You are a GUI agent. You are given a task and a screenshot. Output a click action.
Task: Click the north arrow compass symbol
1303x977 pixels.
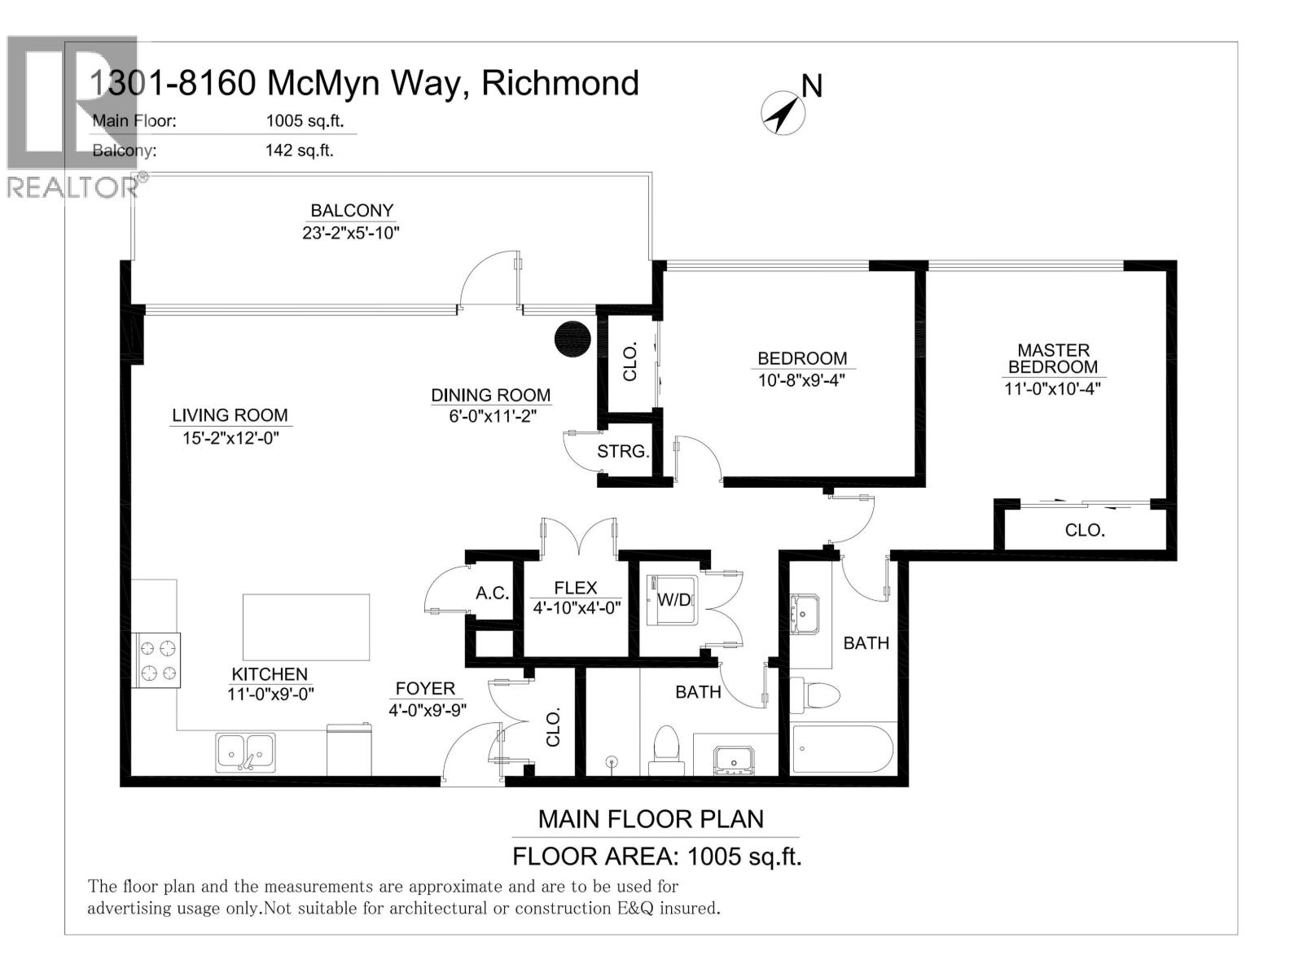[783, 112]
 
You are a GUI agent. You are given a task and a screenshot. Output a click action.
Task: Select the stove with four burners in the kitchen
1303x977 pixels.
[158, 660]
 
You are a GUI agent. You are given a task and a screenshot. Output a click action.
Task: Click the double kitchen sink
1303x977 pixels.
[245, 751]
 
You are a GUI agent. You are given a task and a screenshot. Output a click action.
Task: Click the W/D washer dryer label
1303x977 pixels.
[673, 601]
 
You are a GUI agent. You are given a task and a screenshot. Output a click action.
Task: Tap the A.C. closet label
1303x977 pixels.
[493, 593]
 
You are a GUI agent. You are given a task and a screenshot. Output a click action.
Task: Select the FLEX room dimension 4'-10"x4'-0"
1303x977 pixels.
[577, 607]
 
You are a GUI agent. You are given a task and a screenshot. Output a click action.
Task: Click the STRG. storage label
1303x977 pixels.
[623, 451]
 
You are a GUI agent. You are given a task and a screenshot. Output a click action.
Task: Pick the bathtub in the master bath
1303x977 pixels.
[843, 749]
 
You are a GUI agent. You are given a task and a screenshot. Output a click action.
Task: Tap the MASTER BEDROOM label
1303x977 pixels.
[1052, 358]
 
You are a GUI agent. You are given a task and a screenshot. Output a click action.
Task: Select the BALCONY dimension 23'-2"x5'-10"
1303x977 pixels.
[350, 233]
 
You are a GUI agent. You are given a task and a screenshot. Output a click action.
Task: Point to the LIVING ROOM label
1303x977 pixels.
[230, 415]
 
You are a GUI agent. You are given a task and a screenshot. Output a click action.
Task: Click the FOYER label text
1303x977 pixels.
[425, 688]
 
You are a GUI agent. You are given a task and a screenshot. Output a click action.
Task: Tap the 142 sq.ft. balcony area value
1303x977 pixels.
[299, 150]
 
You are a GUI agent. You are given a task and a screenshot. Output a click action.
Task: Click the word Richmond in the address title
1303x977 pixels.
[560, 83]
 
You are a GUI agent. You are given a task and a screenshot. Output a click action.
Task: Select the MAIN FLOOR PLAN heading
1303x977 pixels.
[651, 819]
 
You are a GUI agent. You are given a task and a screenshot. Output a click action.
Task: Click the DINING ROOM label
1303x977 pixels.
[490, 395]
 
